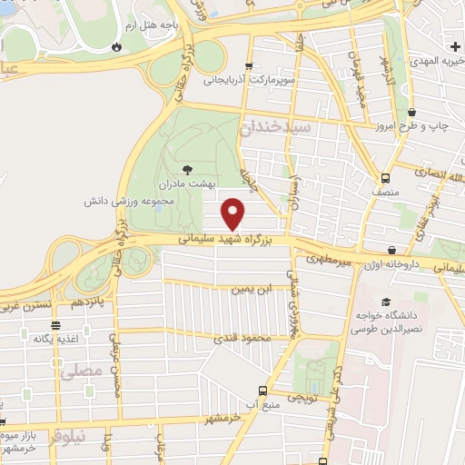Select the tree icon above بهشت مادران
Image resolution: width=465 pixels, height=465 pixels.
[x=188, y=169]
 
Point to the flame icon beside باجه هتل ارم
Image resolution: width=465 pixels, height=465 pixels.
[x=117, y=45]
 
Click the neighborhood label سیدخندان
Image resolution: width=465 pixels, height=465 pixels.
[x=275, y=128]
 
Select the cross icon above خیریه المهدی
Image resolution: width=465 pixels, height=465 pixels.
[x=454, y=45]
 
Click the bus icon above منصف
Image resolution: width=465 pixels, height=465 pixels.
[x=386, y=178]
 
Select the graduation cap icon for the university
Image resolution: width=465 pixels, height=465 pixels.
[x=386, y=302]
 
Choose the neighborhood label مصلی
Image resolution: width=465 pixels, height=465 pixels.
[x=78, y=371]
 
